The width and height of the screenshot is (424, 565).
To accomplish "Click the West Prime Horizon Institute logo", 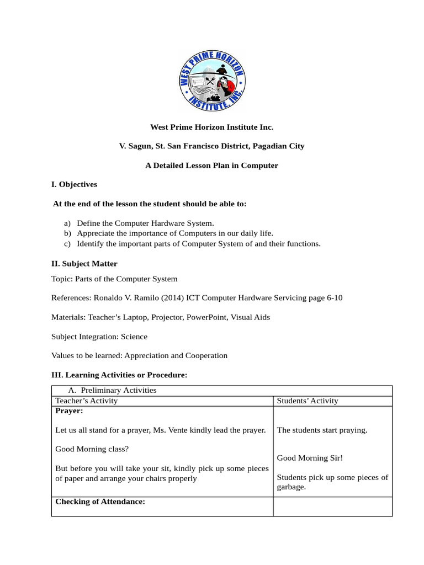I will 212,79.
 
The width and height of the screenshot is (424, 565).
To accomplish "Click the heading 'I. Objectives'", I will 74,184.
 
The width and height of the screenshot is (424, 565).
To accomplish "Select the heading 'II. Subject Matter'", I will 84,264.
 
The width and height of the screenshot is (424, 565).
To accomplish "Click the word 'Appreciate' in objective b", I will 95,233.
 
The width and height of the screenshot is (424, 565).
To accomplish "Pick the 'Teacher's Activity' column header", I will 87,401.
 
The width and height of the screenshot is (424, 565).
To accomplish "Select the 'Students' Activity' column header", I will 308,401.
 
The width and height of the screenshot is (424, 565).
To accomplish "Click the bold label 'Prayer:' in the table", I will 70,411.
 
